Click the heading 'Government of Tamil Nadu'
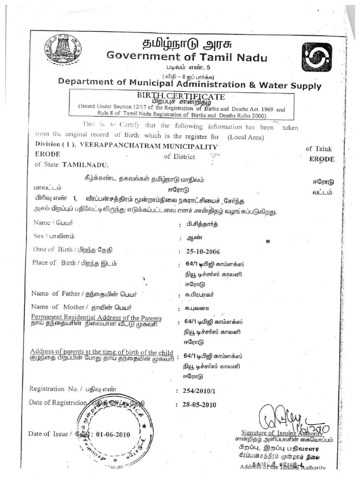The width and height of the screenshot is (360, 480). [x=187, y=57]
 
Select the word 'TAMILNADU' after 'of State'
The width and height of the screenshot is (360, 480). [x=84, y=165]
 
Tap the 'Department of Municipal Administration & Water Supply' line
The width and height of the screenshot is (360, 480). [x=189, y=84]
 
